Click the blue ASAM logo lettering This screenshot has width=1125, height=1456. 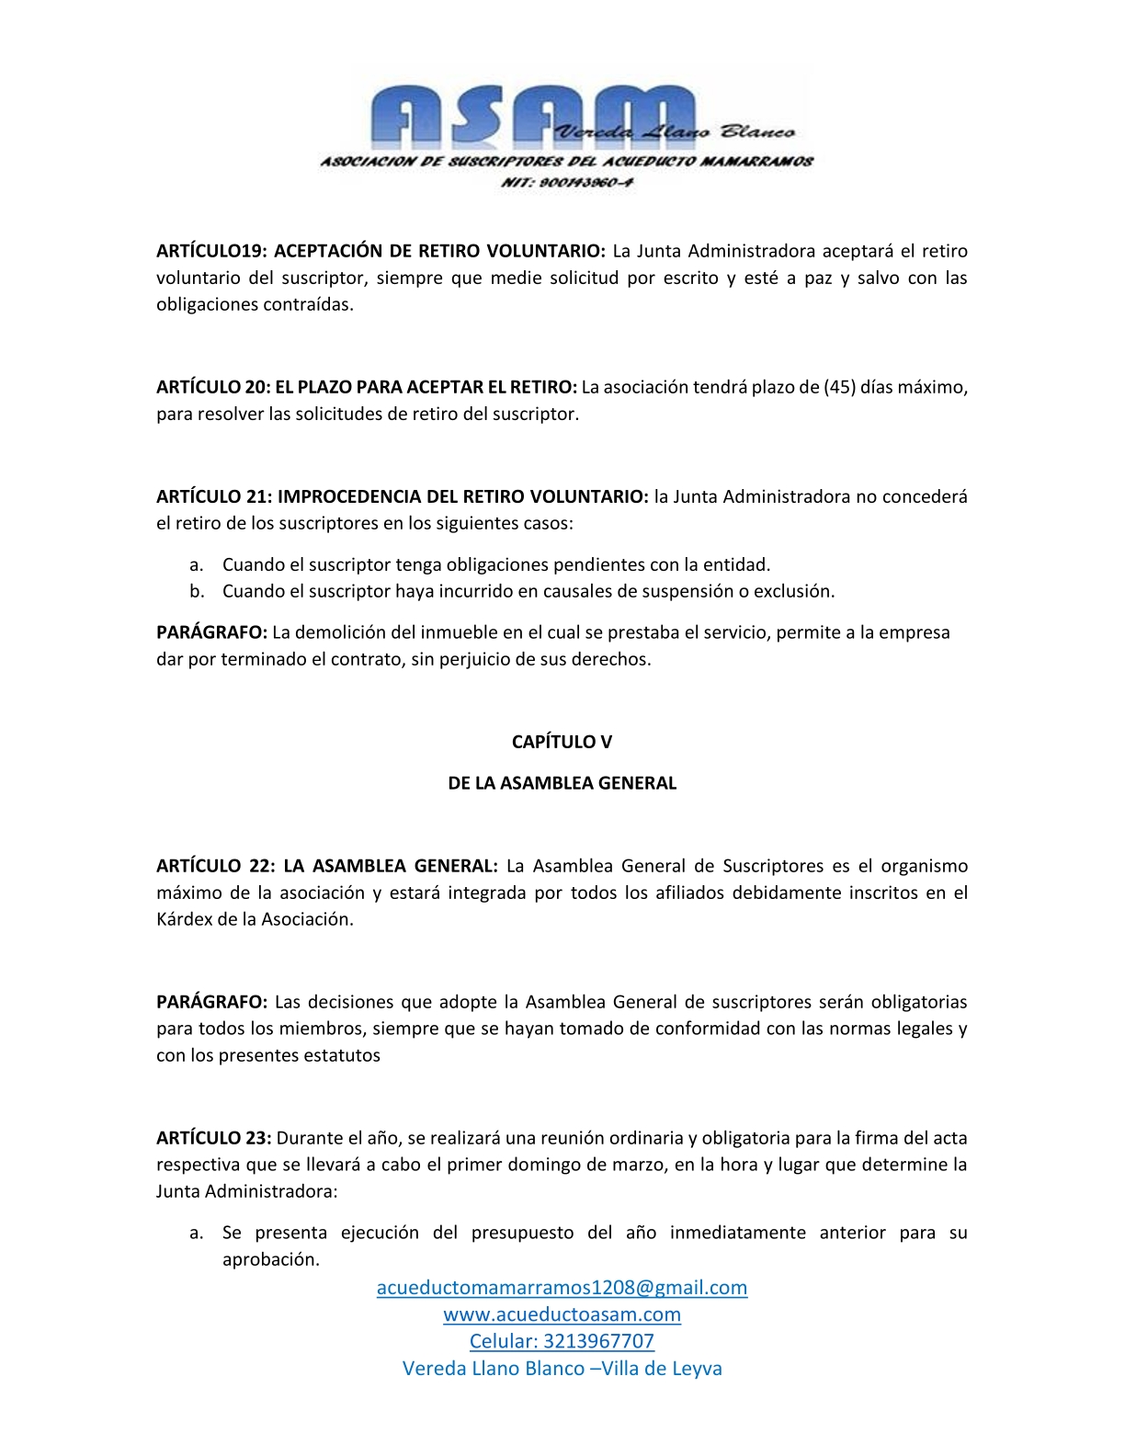point(515,114)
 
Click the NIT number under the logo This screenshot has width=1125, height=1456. point(566,182)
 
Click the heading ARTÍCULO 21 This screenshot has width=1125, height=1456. point(214,496)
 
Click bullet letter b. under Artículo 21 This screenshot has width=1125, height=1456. point(197,591)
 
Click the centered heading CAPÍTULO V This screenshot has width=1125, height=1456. point(562,742)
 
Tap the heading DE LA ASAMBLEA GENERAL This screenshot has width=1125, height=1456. point(562,783)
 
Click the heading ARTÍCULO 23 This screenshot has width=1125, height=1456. point(213,1138)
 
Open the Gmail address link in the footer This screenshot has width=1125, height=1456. point(562,1287)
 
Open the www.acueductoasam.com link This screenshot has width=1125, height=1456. point(562,1314)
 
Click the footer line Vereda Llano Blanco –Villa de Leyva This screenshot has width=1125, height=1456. point(562,1369)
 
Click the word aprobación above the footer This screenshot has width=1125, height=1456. point(270,1259)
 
